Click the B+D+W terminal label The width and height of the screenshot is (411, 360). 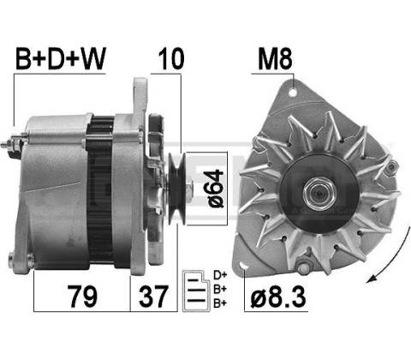click(61, 59)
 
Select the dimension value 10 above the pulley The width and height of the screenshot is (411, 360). click(171, 59)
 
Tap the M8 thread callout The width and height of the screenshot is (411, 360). click(275, 59)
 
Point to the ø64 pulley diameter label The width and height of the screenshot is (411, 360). click(216, 189)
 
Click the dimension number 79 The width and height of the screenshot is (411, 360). click(82, 297)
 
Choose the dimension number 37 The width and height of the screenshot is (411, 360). click(153, 297)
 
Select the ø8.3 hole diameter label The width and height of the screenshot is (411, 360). click(278, 297)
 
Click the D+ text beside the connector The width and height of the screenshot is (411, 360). click(220, 275)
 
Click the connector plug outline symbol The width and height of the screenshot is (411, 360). click(195, 291)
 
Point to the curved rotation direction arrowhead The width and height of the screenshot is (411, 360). click(371, 279)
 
